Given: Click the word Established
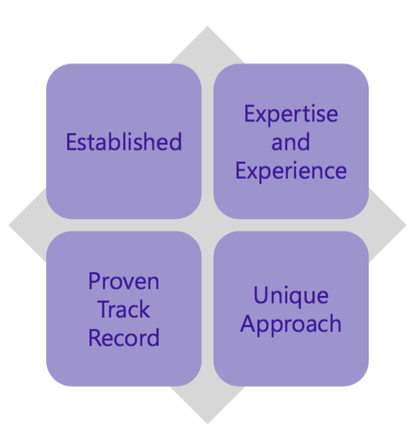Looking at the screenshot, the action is coord(124,142).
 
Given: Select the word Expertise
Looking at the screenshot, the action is coord(291,114).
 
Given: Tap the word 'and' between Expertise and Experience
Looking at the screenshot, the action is coord(291,142).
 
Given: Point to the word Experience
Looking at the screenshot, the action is coord(291,171).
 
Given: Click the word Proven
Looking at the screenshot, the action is coord(124,281).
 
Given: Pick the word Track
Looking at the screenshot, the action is coord(124,309).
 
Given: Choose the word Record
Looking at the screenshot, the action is coord(124,337).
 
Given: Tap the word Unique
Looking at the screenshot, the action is coord(291,296).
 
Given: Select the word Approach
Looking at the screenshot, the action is coord(291,325).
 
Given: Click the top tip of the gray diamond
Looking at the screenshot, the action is coord(207,26).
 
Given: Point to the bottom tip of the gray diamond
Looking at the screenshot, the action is coord(207,423).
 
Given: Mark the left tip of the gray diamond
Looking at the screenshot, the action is coord(9,225).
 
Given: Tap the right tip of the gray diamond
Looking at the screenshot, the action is coord(406,225).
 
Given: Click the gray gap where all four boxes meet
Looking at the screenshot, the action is coord(207,225).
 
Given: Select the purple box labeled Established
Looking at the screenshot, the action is coord(124,141).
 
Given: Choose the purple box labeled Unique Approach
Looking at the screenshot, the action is coord(291,308).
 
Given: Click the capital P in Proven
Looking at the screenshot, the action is coord(94,281).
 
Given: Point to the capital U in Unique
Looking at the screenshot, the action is coord(261,295).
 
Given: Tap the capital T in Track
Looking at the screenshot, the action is coord(104,309).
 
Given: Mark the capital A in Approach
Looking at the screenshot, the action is coord(249,322).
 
